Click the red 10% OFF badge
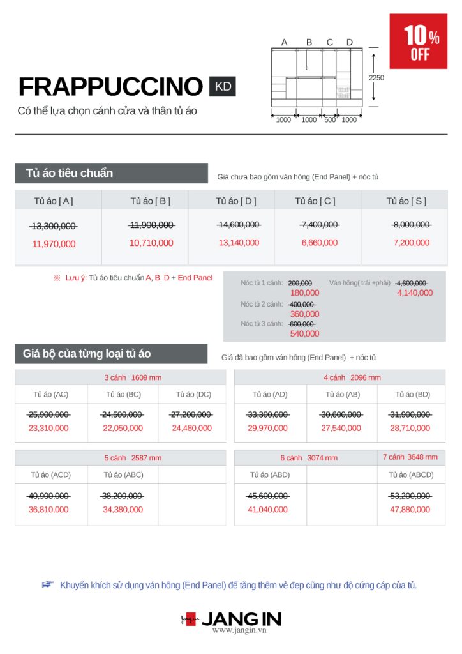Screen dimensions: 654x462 click(418, 42)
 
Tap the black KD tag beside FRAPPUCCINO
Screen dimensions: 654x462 click(223, 86)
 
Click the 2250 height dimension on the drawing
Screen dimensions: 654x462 click(376, 78)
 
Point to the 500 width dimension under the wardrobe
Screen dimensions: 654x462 click(329, 119)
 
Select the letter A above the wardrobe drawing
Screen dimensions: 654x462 click(285, 43)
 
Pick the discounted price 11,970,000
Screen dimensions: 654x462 click(54, 244)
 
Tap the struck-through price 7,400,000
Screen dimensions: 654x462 click(319, 225)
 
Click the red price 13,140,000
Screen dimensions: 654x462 click(239, 243)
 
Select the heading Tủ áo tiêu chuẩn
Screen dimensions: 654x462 click(70, 173)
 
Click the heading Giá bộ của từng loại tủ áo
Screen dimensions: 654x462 click(87, 353)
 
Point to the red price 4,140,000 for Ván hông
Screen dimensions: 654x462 click(415, 293)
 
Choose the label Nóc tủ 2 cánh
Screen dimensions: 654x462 click(262, 304)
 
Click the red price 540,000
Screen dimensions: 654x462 click(304, 334)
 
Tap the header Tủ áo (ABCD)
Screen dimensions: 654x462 click(411, 475)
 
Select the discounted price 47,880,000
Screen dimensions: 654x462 click(411, 510)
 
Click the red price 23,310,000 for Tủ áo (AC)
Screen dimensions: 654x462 click(48, 429)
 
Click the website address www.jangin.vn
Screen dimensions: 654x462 click(239, 630)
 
